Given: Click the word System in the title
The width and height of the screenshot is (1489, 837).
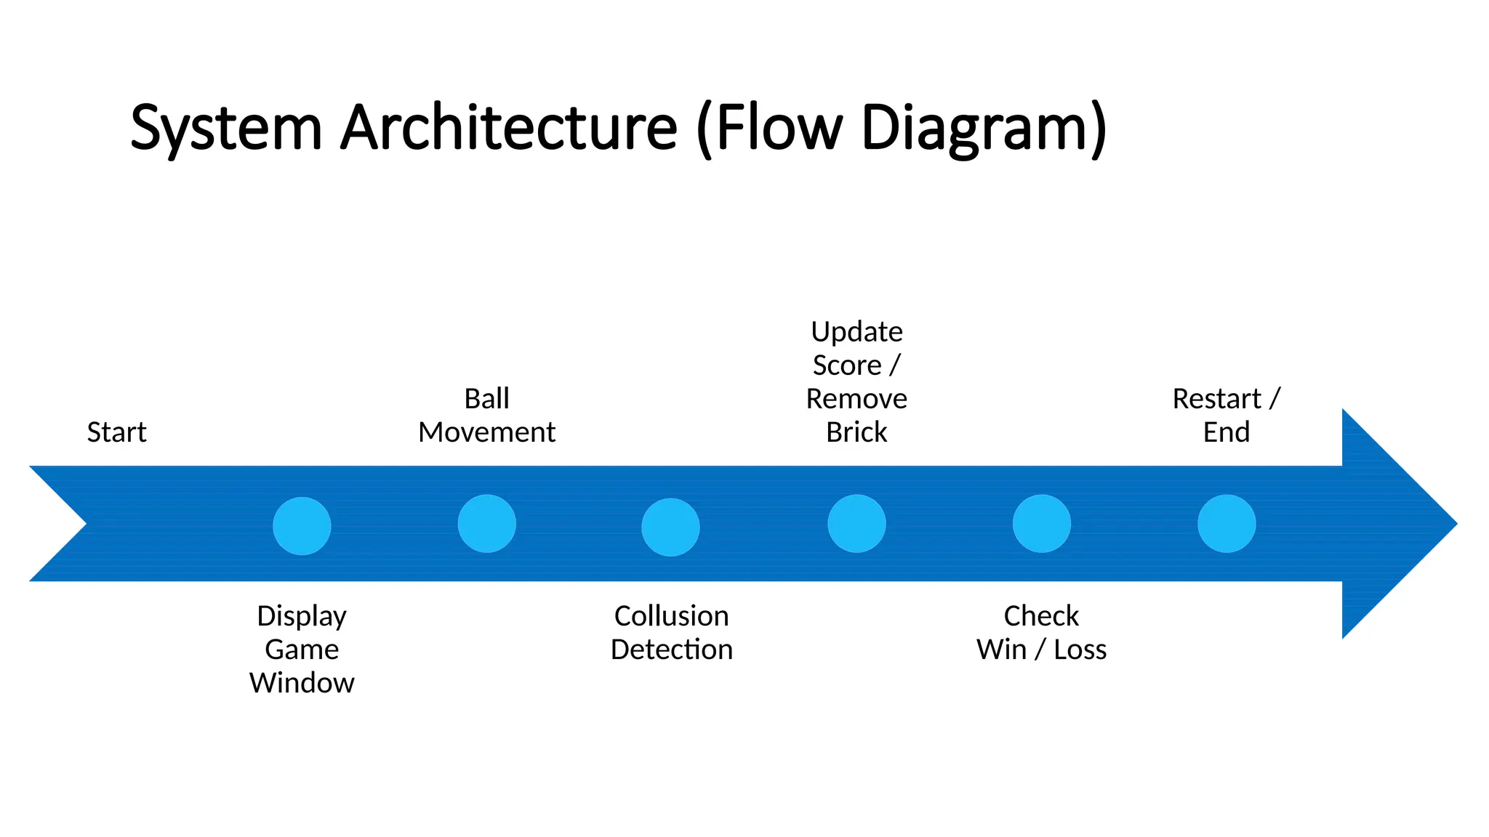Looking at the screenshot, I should pos(225,128).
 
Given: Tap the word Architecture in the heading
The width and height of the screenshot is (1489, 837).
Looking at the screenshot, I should pos(508,128).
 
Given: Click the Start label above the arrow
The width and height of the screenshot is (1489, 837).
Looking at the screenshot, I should pos(116,432).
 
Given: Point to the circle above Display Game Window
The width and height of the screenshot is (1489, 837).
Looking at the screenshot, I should pos(302,526).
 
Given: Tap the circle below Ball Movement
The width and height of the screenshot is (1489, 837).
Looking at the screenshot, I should pos(486,524).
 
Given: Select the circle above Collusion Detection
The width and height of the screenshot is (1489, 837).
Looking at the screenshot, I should pos(670,527).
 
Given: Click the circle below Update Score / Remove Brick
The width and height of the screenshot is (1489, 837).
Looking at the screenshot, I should pos(856,524).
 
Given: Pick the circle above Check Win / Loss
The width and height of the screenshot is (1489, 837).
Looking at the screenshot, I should pos(1041,524).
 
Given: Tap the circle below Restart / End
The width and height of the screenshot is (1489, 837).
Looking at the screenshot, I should pos(1227,524).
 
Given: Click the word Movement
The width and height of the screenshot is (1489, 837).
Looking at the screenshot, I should pos(486,432).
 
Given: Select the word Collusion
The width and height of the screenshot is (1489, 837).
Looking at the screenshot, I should pos(671,616).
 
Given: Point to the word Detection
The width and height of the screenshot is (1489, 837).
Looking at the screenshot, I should pos(671,650).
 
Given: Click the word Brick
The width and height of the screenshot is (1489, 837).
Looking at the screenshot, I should pos(856,432).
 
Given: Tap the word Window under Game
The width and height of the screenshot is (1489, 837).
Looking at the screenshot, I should pos(302,683).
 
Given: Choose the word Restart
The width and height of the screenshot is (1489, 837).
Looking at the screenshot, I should pos(1216,399).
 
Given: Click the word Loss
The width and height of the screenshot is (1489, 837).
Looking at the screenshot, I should pos(1080,650).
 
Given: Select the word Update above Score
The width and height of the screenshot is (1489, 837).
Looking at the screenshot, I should pos(856,332).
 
